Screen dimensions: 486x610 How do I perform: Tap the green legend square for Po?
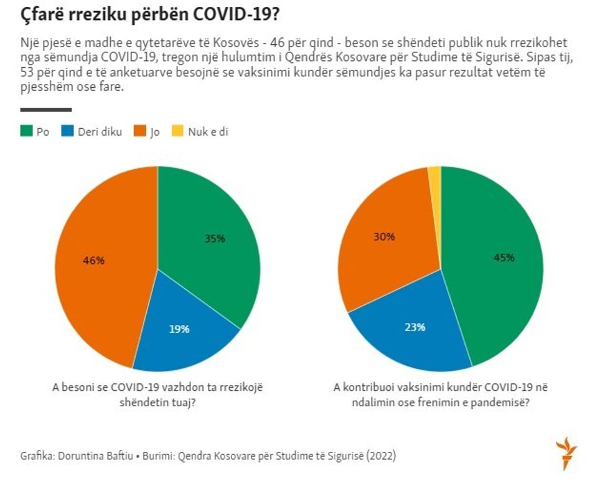point(26,131)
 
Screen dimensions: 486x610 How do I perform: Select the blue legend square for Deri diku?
point(67,131)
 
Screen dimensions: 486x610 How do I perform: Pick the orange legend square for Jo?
point(138,131)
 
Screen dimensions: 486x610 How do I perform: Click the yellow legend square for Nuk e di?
point(177,131)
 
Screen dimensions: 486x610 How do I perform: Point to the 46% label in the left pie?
point(93,261)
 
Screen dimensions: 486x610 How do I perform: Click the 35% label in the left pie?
point(214,238)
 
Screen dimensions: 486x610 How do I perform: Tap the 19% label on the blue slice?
point(179,329)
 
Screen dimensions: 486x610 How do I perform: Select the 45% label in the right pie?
point(504,258)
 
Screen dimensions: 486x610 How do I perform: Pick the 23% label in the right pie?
point(415,327)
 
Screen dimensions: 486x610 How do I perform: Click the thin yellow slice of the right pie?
point(434,175)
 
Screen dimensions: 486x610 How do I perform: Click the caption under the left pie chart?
point(157,394)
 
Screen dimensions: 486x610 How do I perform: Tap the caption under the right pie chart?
point(441,394)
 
